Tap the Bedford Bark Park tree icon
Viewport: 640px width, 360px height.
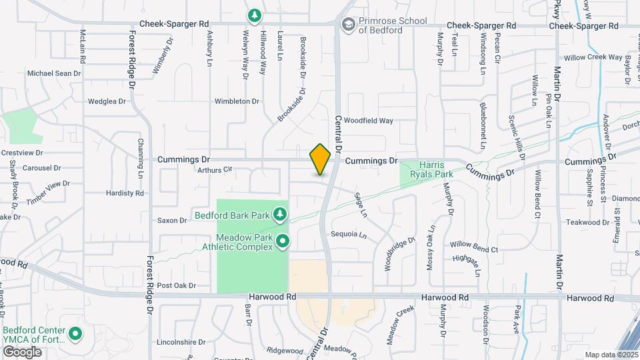281,214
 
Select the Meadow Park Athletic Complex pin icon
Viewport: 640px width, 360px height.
283,241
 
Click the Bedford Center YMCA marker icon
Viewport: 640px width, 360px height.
75,333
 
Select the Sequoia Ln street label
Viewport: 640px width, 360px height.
349,235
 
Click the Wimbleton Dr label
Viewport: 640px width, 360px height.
236,101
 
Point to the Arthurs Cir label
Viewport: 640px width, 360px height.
213,170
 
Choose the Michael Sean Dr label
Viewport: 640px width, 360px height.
53,73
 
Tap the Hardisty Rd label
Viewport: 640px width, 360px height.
125,193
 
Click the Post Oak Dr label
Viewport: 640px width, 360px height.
176,285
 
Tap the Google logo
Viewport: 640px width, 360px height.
23,351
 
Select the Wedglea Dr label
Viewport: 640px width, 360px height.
107,102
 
